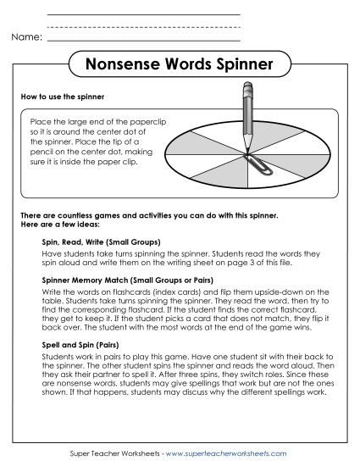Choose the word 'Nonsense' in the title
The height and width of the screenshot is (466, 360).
click(x=120, y=64)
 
